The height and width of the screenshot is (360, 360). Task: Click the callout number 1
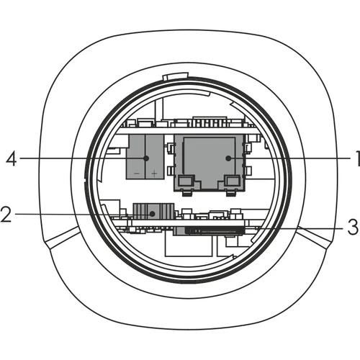(x=357, y=158)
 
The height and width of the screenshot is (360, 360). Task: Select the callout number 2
(x=6, y=214)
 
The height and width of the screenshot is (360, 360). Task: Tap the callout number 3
(x=353, y=227)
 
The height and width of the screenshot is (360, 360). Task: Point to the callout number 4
(x=12, y=158)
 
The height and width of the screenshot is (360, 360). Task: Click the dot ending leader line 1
(x=228, y=158)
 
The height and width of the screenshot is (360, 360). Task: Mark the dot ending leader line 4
(x=146, y=158)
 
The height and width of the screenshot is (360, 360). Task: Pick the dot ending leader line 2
(x=152, y=213)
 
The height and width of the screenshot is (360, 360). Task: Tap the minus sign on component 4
(x=137, y=174)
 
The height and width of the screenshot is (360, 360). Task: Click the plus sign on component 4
(x=155, y=174)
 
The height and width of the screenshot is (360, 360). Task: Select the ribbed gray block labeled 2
(x=154, y=211)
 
